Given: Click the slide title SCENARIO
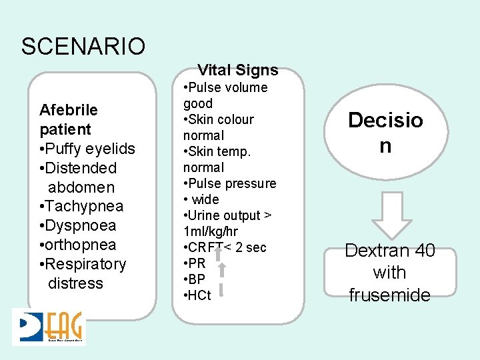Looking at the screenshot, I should (83, 47).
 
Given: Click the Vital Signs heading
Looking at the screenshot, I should (238, 70).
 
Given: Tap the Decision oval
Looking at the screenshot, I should (385, 133).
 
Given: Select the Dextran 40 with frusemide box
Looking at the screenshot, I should (390, 273).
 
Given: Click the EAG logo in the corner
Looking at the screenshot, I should (49, 327).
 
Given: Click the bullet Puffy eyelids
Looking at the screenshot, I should (87, 149).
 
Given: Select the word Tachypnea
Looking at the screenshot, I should (85, 207).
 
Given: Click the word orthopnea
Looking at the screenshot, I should (81, 245).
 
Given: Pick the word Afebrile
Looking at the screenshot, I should (68, 110).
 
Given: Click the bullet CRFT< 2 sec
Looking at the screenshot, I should (225, 247).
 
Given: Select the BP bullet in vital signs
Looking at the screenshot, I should (197, 279).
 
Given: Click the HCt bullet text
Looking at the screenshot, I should (199, 295).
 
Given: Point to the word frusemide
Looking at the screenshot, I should (390, 295).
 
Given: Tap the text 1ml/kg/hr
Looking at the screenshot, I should (210, 231).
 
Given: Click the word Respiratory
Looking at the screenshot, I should (86, 264).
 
